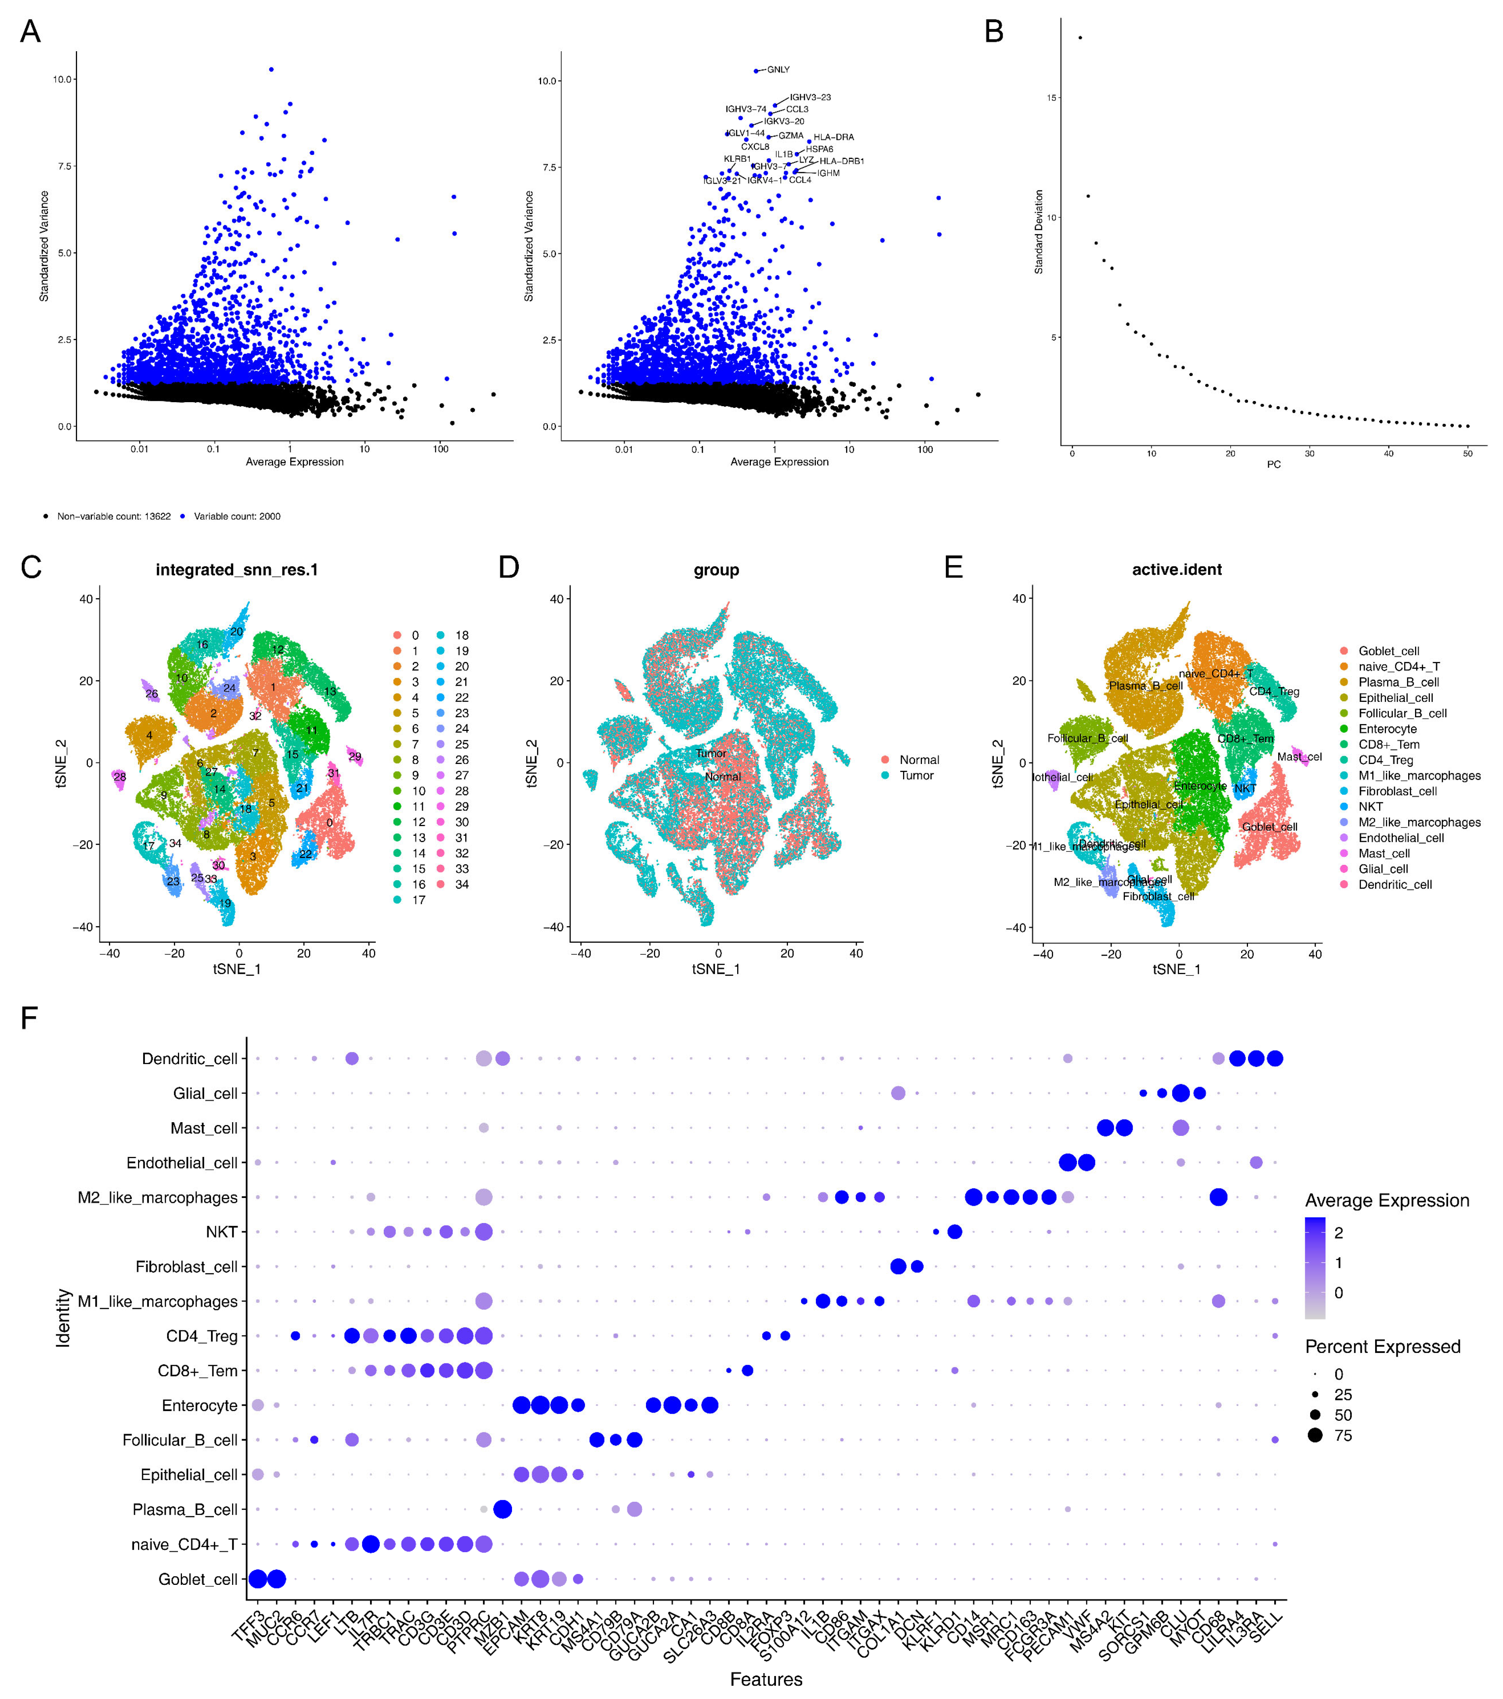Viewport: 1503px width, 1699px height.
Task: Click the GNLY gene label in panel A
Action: click(778, 70)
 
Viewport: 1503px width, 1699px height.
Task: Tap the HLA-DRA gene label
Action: click(833, 137)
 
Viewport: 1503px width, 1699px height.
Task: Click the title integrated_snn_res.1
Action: click(237, 570)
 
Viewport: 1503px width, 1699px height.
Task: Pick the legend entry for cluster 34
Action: click(461, 885)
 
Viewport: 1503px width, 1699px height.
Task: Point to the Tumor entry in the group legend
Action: click(916, 776)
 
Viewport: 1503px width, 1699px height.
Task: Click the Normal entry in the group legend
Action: click(919, 760)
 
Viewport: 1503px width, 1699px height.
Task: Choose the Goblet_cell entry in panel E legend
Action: click(1388, 651)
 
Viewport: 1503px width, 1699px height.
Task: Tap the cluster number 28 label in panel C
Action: click(120, 777)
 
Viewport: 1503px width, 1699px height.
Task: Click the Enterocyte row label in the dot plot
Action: click(199, 1406)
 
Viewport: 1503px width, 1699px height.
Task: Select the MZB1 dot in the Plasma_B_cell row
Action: click(502, 1509)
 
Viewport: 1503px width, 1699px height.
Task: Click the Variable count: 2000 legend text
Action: click(237, 516)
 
